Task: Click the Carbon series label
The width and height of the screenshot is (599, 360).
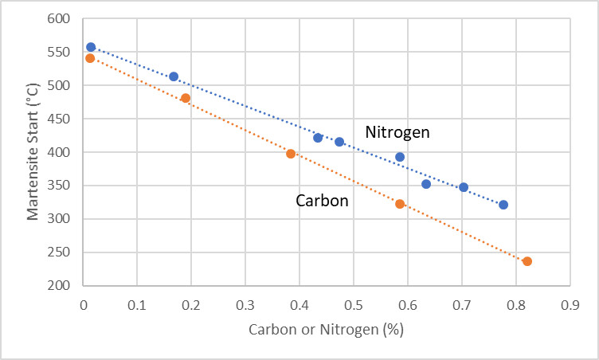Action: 322,201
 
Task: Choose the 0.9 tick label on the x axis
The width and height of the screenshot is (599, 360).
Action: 570,304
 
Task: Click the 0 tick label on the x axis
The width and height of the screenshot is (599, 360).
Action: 84,304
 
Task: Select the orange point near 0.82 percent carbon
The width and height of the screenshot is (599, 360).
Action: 527,261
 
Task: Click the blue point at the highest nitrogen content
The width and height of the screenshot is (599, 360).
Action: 503,205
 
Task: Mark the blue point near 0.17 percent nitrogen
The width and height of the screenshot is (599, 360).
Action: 174,76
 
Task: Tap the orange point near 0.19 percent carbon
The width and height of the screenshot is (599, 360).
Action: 186,98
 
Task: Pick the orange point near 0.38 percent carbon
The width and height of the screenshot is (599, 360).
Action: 291,154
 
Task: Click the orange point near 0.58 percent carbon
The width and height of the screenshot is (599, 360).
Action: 400,204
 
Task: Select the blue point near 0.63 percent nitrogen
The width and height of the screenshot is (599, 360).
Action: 426,184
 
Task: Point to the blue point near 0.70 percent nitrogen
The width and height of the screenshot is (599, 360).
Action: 464,187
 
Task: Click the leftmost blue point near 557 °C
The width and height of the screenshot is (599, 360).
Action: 91,47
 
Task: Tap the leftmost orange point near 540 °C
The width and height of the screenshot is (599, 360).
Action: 90,58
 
